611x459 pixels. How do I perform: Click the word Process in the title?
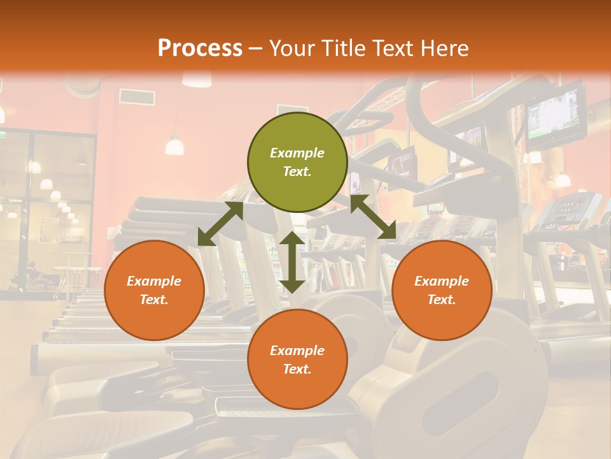point(200,48)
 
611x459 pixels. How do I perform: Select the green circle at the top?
point(297,162)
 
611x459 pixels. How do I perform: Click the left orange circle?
point(154,290)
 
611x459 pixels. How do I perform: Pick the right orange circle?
point(442,290)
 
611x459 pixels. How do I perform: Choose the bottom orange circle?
point(297,360)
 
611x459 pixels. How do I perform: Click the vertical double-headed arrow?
point(292,262)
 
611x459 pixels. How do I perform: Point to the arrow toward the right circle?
point(374,217)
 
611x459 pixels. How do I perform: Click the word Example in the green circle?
point(297,153)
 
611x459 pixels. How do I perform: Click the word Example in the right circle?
point(442,281)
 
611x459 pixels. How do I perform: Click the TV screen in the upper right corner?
point(555,115)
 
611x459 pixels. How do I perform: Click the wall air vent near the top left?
point(136,97)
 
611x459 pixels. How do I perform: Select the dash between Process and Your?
point(256,48)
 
